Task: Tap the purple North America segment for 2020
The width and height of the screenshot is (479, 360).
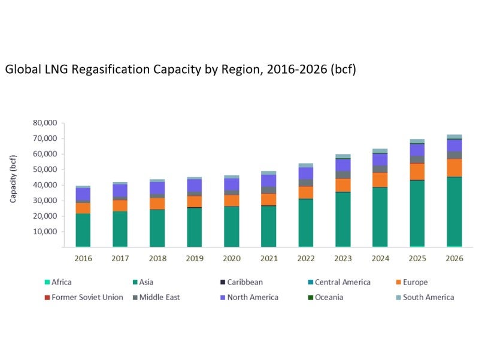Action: [x=231, y=184]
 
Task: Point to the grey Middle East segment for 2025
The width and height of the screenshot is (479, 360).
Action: [x=417, y=159]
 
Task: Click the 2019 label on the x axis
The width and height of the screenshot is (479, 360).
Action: [x=194, y=259]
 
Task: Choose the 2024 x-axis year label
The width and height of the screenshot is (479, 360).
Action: [x=380, y=259]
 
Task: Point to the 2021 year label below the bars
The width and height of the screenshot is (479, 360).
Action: [x=268, y=259]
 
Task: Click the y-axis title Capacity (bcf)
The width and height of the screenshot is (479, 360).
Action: [x=13, y=179]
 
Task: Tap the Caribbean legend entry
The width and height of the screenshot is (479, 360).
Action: [x=245, y=282]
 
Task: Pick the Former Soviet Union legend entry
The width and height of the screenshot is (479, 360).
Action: [x=87, y=297]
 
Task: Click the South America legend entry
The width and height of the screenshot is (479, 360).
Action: [x=428, y=297]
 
